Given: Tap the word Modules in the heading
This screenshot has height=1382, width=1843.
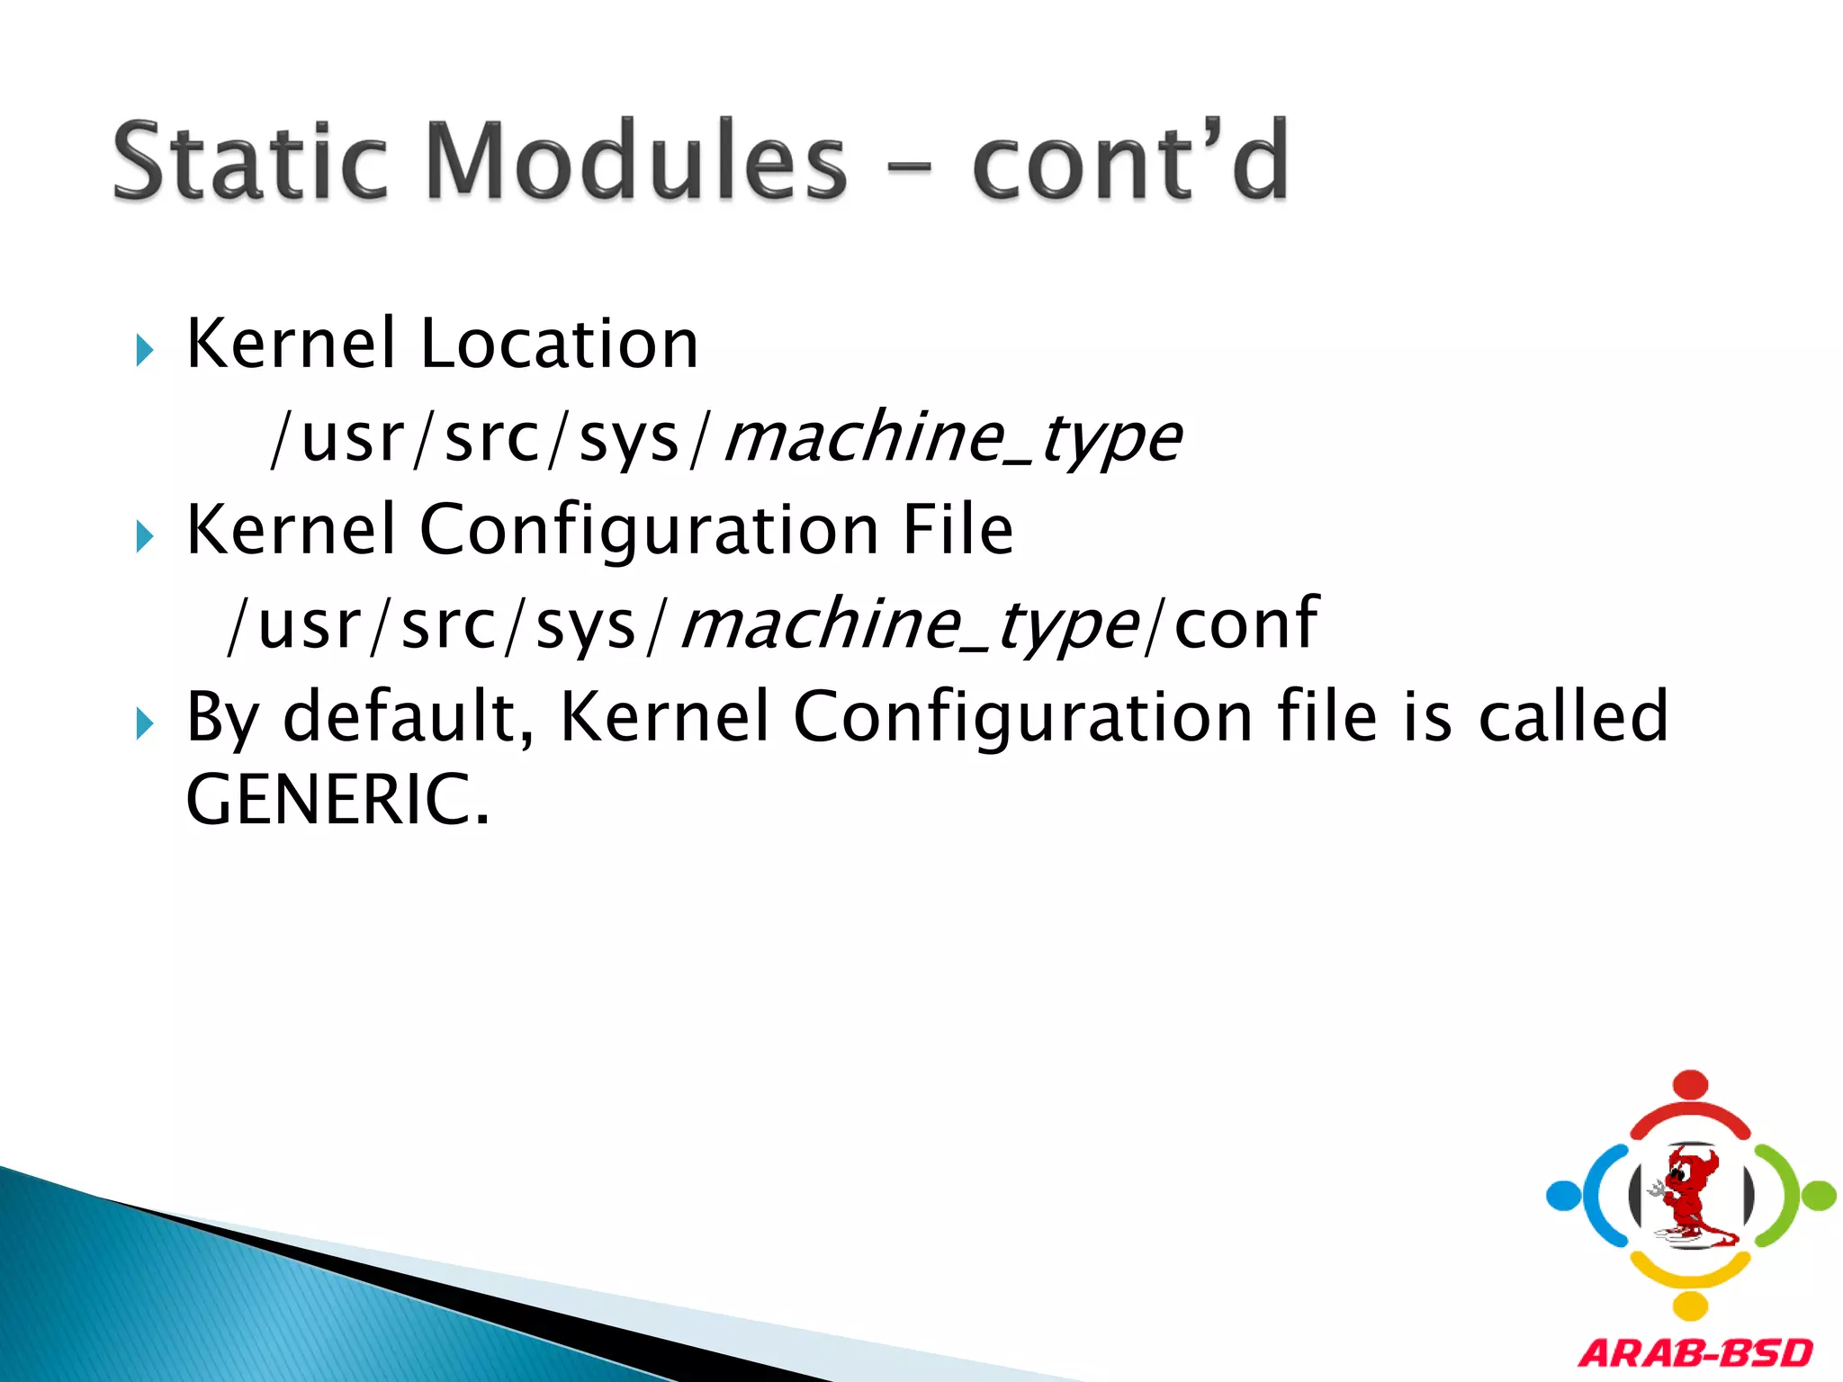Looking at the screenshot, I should (635, 162).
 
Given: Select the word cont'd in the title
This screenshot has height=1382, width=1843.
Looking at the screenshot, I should (1130, 162).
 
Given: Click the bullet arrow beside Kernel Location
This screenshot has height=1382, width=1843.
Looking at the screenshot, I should (145, 350).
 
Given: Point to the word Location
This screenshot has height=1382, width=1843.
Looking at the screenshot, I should (559, 345).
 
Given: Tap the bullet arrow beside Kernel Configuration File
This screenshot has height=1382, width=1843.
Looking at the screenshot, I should (145, 537).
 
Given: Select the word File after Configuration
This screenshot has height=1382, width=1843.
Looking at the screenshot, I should (957, 530).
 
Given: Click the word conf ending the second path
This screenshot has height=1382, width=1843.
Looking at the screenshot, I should (1246, 623).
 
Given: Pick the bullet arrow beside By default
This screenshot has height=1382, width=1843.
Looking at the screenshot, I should (145, 723).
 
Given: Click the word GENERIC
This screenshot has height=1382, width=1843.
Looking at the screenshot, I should (337, 800).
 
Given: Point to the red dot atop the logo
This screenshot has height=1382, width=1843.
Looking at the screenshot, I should (1691, 1084).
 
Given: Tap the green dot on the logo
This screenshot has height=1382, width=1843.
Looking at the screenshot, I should (1819, 1196).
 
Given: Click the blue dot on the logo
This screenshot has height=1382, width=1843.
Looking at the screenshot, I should (1563, 1196).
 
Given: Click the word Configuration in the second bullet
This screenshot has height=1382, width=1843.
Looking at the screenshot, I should (649, 530).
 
